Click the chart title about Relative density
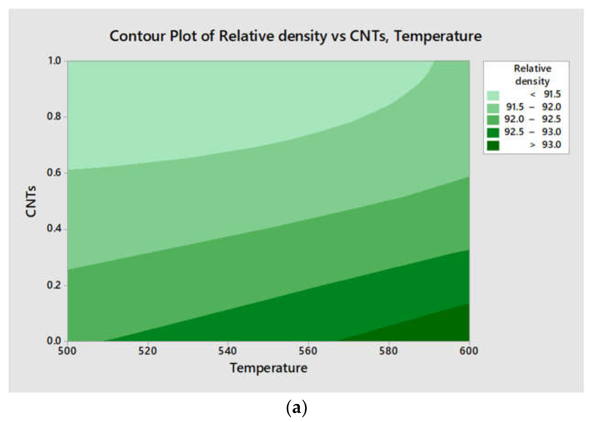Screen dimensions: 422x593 [295, 36]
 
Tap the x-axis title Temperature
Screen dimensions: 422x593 [268, 368]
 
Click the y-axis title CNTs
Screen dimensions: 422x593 [31, 201]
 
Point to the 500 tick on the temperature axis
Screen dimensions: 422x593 [67, 351]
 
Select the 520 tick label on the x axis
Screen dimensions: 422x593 [147, 351]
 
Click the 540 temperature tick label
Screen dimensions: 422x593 [227, 351]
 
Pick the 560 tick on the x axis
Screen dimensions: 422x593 [308, 351]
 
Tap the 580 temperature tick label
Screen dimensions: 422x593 [388, 351]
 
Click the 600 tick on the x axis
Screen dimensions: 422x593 [469, 351]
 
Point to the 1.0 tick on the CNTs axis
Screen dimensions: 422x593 [54, 61]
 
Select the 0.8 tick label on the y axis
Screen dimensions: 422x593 [54, 116]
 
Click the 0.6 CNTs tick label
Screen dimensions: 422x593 [54, 172]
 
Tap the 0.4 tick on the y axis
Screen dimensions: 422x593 [54, 228]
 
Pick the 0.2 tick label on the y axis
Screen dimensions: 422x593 [54, 285]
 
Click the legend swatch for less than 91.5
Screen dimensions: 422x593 [493, 95]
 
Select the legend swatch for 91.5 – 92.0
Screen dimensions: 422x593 [493, 108]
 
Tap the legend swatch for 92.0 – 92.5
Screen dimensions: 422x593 [493, 120]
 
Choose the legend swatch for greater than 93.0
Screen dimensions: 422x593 [493, 146]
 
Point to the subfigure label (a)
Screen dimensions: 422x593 [296, 408]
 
